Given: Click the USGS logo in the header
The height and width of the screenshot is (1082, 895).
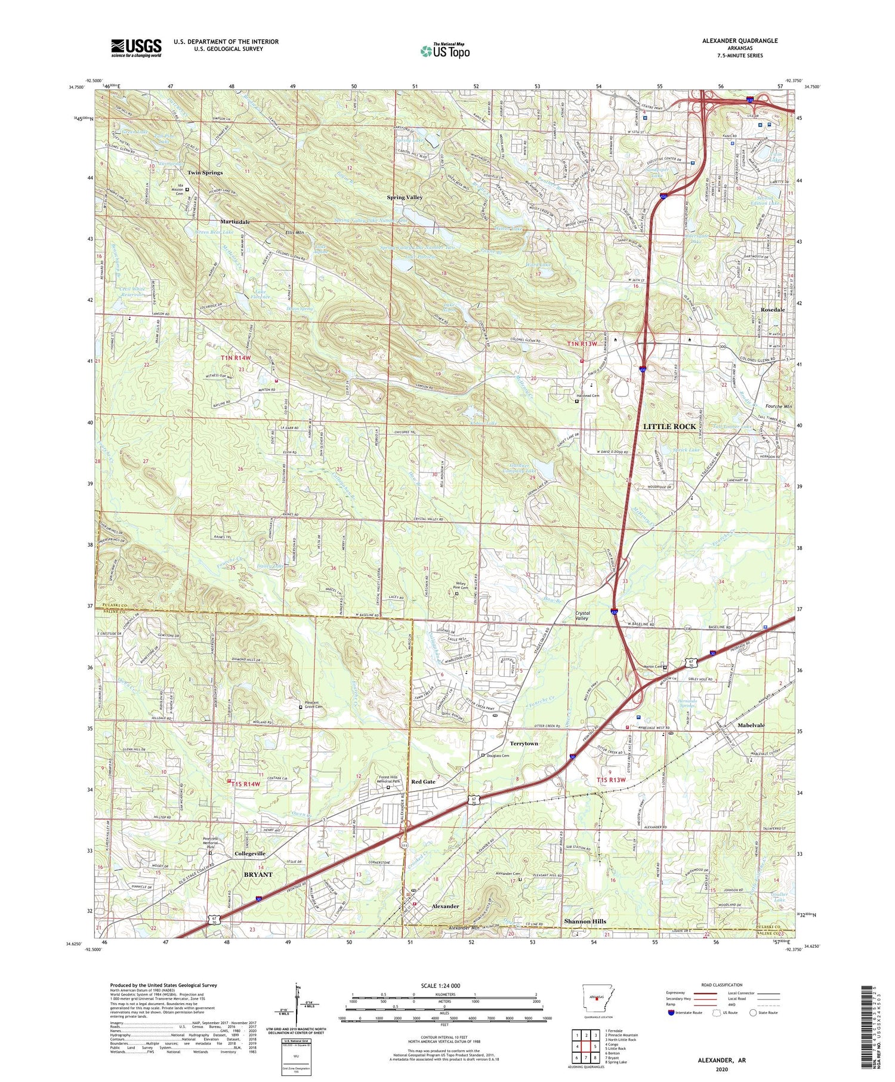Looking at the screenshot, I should coord(136,48).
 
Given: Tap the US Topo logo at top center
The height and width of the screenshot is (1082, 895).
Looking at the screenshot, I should coord(445,51).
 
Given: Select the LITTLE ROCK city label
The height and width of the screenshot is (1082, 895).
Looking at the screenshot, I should coord(669,427).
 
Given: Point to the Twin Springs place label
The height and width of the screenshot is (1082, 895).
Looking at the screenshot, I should coord(205,172).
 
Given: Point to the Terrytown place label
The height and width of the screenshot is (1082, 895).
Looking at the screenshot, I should coord(524,744).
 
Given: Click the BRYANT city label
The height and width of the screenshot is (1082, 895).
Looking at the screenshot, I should coord(258,874).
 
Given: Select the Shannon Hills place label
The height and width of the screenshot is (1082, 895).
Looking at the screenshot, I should coord(585,921).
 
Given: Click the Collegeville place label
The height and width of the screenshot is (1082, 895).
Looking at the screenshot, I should coord(250,853).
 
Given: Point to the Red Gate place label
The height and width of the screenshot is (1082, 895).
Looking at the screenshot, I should coord(423,781).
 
